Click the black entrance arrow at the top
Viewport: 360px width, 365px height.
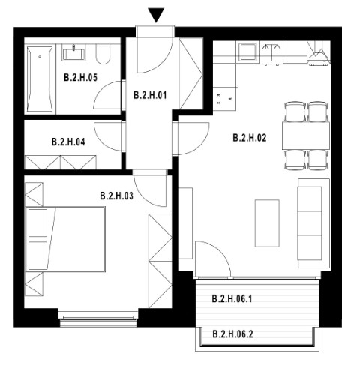point(156,15)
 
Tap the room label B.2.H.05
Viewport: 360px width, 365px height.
point(80,77)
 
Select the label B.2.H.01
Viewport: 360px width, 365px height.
point(150,95)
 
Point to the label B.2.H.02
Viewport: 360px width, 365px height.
point(250,138)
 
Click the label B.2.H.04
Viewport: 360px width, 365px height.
point(68,142)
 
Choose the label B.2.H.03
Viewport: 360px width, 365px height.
point(116,196)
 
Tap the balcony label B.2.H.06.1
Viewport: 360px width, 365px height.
point(232,298)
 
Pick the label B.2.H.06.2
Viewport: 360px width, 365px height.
point(232,334)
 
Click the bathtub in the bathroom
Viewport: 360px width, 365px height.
point(40,79)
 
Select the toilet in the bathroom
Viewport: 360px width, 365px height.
point(103,55)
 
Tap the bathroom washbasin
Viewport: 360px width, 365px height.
point(73,53)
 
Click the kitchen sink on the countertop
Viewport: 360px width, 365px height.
point(247,52)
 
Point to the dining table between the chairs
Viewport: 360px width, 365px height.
point(306,136)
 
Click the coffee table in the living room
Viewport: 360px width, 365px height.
point(267,223)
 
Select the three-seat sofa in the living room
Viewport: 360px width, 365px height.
point(313,223)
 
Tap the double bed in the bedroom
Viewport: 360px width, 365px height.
point(65,239)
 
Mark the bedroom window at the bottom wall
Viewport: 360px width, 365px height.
point(98,318)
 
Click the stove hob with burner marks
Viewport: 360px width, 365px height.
point(224,98)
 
